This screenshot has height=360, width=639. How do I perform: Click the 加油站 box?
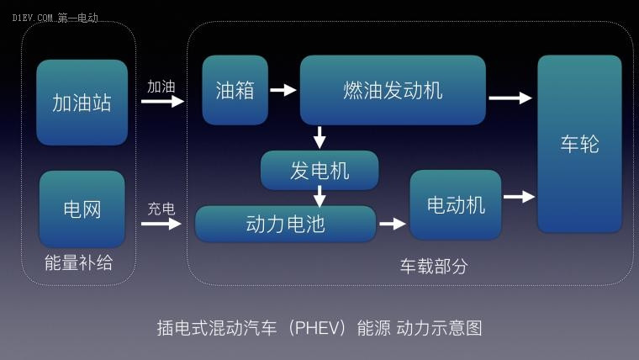coord(82,103)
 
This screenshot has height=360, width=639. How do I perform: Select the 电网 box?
coord(82,209)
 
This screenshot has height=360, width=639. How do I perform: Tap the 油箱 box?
coord(235,90)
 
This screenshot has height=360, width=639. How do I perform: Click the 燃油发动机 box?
coord(393,90)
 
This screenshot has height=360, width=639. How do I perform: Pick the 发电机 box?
coord(319,171)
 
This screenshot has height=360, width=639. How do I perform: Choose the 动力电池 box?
coord(285,224)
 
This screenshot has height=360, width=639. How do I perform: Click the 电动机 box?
coord(456,204)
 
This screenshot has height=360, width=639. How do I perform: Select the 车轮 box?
coord(579,144)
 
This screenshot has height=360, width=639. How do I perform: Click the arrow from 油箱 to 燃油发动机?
coord(283,90)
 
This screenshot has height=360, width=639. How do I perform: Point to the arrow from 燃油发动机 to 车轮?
coord(510,98)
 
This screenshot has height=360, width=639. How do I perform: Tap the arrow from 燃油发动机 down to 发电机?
coord(319,137)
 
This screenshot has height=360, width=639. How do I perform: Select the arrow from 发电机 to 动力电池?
coord(319,197)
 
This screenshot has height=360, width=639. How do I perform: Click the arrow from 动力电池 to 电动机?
coord(393,224)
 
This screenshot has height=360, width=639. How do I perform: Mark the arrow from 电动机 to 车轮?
coord(520,197)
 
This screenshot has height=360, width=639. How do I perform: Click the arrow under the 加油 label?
coord(162,101)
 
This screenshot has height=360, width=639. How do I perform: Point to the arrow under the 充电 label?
coord(161,224)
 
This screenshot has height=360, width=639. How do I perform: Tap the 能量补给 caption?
coord(79,262)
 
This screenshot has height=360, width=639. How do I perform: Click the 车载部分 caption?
coord(434,267)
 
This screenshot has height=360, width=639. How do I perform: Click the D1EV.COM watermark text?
coord(32,18)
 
